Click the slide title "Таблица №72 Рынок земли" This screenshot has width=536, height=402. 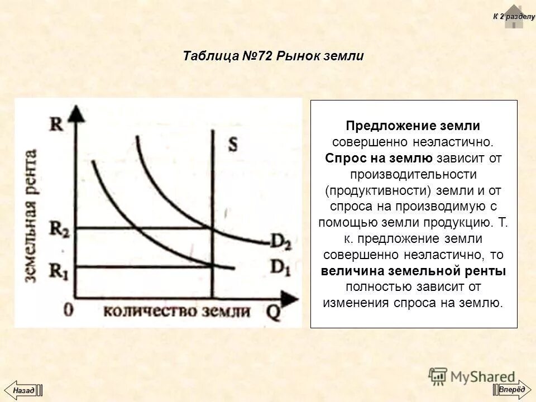[x=273, y=56]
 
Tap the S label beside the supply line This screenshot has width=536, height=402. [x=232, y=144]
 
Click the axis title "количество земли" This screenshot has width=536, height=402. [x=176, y=310]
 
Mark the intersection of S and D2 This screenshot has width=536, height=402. [x=212, y=227]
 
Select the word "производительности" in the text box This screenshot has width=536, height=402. [x=414, y=175]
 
